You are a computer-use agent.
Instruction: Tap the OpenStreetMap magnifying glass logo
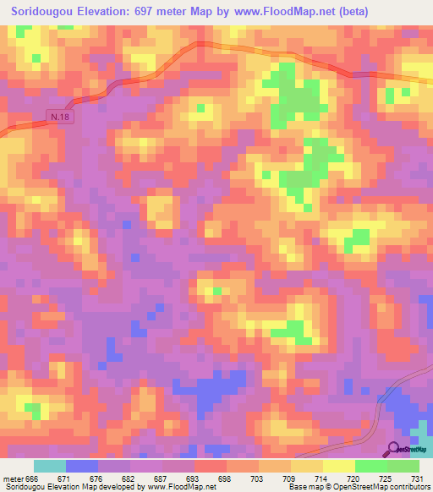pos(394,448)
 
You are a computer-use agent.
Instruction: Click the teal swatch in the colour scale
pos(50,466)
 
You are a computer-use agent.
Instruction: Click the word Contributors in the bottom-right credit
pos(406,487)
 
